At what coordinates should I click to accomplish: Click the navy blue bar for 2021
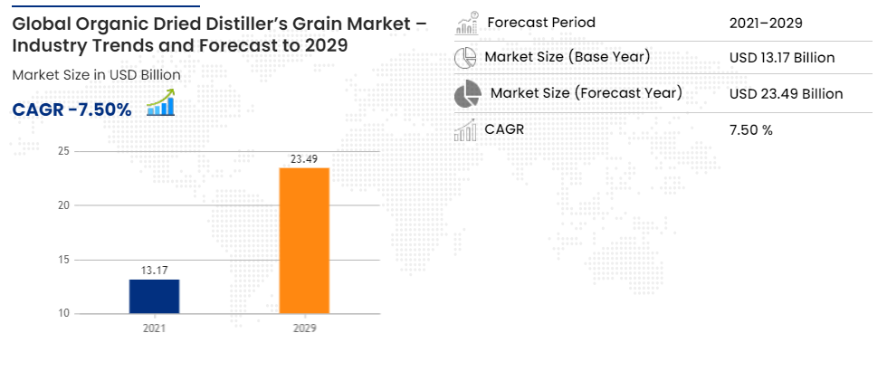155,297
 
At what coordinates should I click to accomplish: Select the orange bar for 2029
304,241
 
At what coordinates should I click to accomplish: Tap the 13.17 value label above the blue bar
155,271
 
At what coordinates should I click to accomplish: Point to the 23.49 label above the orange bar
304,159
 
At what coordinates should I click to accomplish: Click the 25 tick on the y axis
64,151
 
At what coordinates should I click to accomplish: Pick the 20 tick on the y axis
64,205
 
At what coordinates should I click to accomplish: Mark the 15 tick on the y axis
64,260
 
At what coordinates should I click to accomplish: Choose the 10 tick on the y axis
64,313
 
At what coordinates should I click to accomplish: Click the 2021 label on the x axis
155,328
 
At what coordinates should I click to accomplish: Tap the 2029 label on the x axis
304,328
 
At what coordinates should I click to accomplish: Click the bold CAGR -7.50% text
72,109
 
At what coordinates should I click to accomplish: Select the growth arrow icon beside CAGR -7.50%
161,102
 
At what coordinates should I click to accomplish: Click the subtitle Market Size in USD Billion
96,75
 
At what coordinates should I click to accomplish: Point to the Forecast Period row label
541,23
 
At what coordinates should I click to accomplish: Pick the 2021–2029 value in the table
766,24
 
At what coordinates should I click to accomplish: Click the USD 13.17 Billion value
782,58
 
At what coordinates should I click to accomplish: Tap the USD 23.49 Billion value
787,94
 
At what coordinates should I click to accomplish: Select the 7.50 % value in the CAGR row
751,130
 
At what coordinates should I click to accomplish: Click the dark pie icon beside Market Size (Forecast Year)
468,94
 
